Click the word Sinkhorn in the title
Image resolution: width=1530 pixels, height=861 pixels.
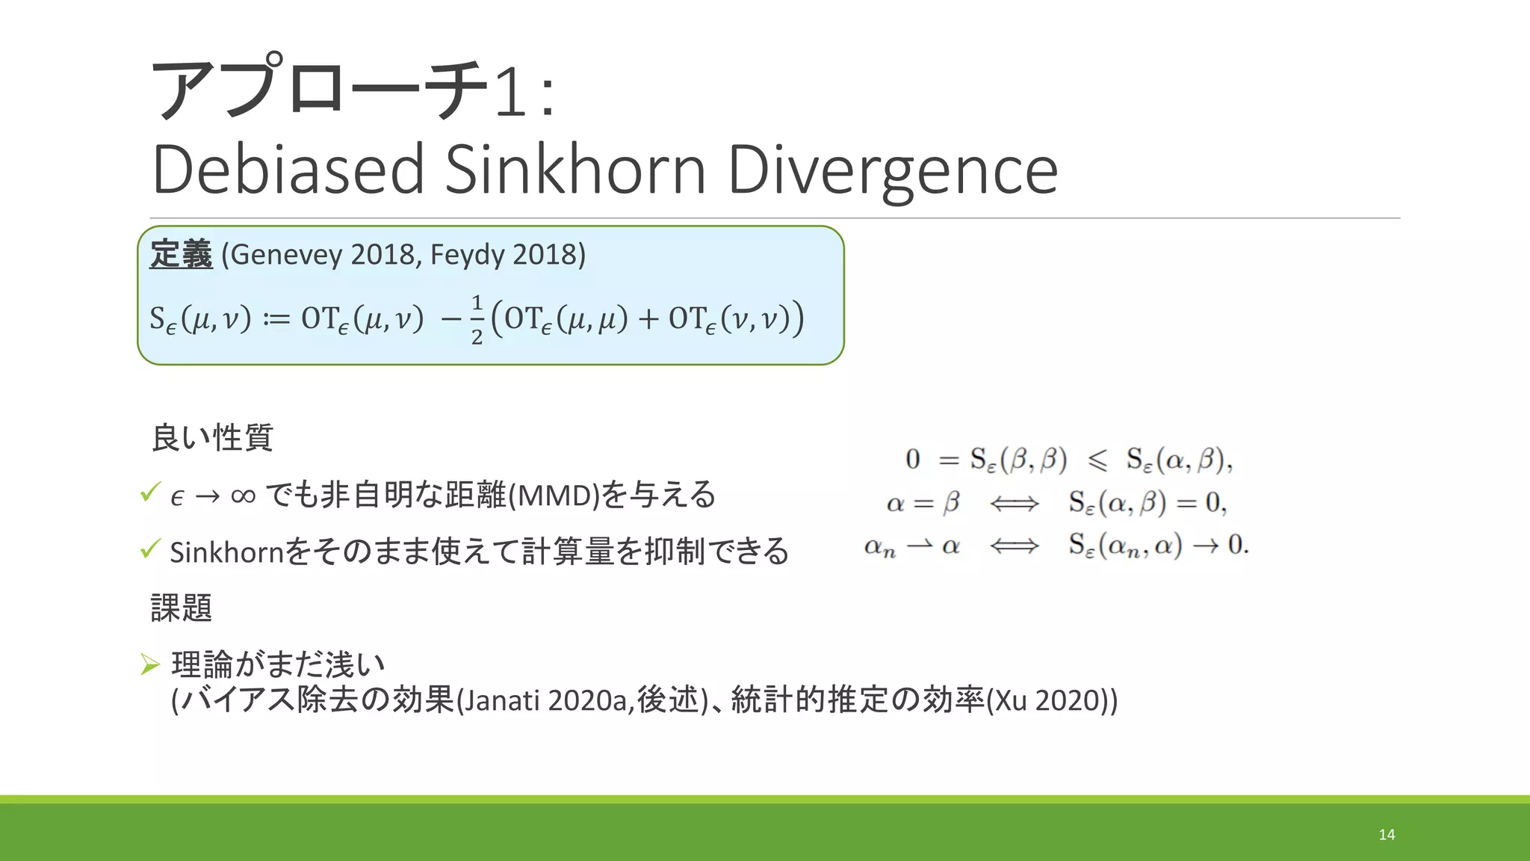pyautogui.click(x=575, y=170)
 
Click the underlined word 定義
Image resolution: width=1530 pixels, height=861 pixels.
pyautogui.click(x=181, y=254)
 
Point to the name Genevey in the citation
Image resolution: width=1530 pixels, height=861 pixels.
pyautogui.click(x=287, y=255)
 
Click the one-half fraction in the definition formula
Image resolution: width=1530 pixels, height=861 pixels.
pyautogui.click(x=477, y=319)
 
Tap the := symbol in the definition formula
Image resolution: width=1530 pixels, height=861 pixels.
pyautogui.click(x=276, y=319)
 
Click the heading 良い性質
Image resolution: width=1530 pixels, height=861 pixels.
pyautogui.click(x=212, y=437)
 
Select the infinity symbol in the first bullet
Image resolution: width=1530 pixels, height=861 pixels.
pyautogui.click(x=244, y=496)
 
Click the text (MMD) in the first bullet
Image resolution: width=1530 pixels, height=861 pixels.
pyautogui.click(x=554, y=496)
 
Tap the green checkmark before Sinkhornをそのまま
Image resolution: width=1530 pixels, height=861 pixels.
pyautogui.click(x=149, y=549)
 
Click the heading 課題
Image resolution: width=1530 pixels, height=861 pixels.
pyautogui.click(x=182, y=608)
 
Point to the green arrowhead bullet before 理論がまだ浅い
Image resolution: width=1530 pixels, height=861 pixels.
pyautogui.click(x=150, y=664)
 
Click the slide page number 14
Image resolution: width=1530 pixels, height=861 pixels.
pyautogui.click(x=1387, y=834)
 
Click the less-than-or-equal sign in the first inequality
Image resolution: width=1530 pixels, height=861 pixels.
pyautogui.click(x=1097, y=460)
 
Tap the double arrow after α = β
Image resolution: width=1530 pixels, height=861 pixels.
pyautogui.click(x=1014, y=504)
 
